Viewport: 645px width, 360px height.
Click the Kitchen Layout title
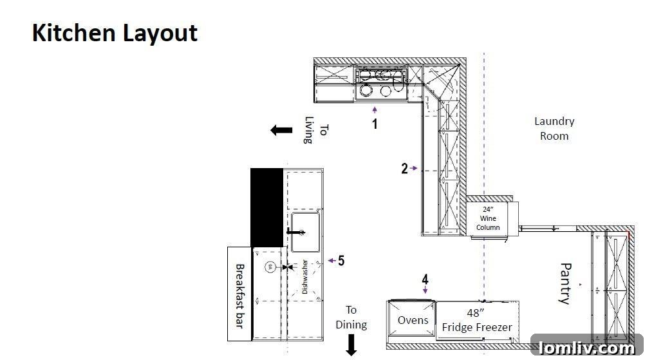point(115,33)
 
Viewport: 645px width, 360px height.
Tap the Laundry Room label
point(554,128)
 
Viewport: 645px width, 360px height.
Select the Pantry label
point(566,283)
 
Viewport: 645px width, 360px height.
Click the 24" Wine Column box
point(488,218)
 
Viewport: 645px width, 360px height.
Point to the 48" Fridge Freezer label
point(477,320)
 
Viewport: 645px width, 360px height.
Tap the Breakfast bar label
point(240,296)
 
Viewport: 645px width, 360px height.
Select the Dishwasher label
point(305,276)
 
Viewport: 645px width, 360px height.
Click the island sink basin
point(305,232)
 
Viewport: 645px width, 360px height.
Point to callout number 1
point(375,124)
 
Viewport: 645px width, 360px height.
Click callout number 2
point(404,168)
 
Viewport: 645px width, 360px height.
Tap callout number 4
point(425,279)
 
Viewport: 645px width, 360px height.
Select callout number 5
point(341,260)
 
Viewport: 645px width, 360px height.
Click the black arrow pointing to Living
point(281,131)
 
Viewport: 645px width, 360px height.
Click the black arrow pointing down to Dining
point(351,345)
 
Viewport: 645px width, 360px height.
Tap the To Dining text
point(351,317)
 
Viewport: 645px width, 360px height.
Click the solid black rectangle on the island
point(266,207)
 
